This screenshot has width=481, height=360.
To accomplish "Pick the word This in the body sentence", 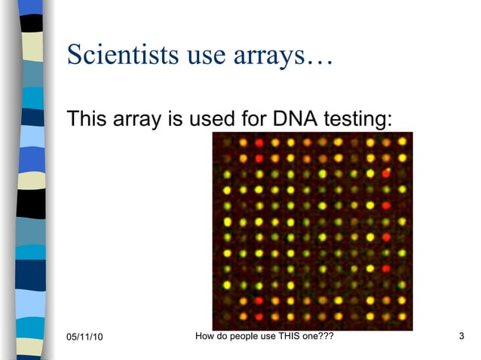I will click(87, 119).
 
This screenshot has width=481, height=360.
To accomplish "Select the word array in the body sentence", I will click(136, 120).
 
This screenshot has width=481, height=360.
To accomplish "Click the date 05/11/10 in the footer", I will click(84, 336).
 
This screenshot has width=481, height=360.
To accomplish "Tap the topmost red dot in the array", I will click(259, 142).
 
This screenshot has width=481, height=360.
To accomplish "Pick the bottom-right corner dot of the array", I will click(400, 316).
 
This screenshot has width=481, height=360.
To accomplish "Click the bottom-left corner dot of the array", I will click(226, 316).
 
